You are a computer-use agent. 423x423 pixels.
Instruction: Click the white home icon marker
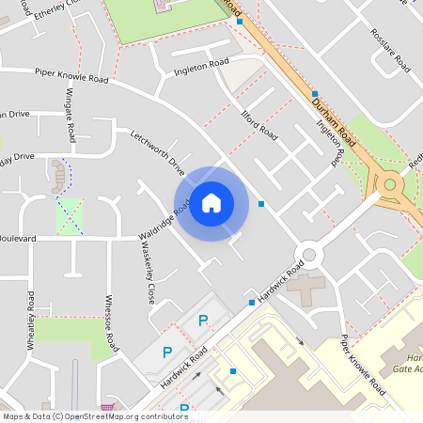tap(211, 203)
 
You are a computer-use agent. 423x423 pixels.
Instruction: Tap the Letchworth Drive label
tap(158, 151)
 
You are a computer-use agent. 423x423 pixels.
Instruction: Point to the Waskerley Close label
tap(147, 274)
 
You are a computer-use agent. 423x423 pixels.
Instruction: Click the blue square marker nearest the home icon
tap(261, 204)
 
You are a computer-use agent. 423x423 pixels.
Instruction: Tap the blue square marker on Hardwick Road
tap(252, 303)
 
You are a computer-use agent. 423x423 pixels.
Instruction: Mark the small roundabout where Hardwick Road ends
tap(308, 253)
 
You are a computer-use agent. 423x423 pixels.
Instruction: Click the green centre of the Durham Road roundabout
tap(389, 184)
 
